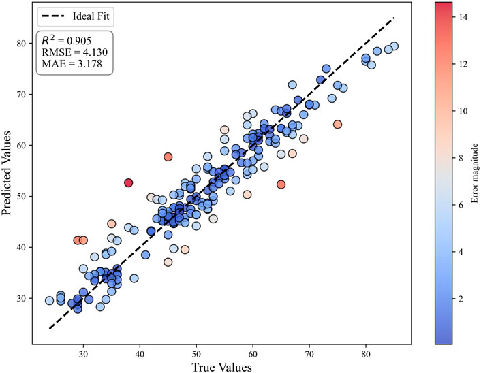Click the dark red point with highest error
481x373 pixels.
tap(129, 182)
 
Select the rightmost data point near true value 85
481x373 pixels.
tap(394, 46)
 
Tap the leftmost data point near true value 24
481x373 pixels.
tap(49, 300)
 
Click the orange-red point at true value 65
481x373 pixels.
tap(281, 184)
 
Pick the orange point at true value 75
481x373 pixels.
tap(337, 124)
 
